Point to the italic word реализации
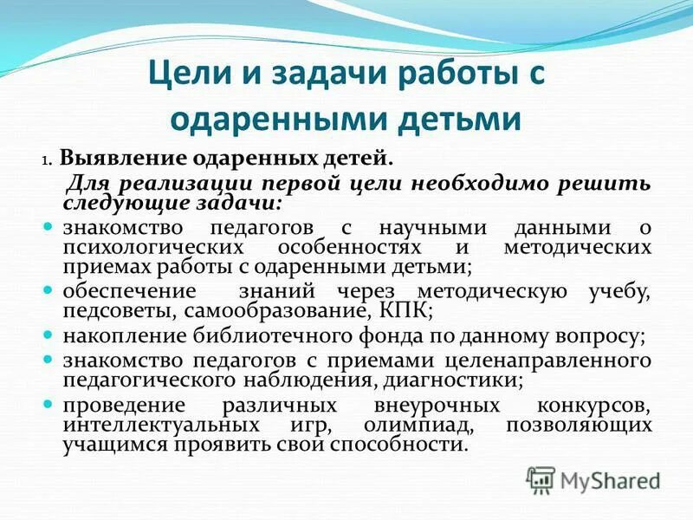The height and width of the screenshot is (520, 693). pyautogui.click(x=165, y=183)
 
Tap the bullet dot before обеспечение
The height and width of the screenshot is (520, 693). pyautogui.click(x=49, y=290)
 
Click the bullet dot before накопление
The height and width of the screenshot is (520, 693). pyautogui.click(x=49, y=333)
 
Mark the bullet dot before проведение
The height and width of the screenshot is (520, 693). pyautogui.click(x=49, y=404)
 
